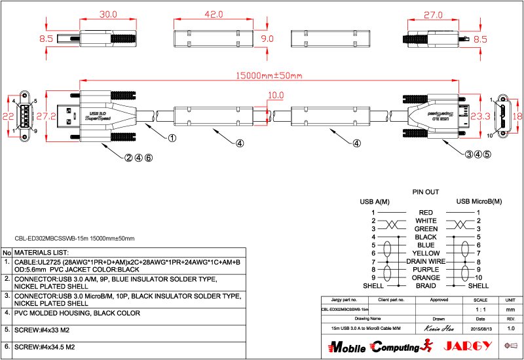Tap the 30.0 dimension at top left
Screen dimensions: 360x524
[x=107, y=14]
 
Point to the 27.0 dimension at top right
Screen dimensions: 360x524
[x=434, y=14]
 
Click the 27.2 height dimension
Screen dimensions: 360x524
[x=45, y=117]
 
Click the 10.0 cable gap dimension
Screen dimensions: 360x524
[x=276, y=96]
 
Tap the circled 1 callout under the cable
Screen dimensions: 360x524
[x=172, y=138]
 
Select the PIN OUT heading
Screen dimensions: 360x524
[x=425, y=192]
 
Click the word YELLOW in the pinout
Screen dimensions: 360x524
[x=426, y=253]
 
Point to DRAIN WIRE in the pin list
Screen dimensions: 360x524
[x=426, y=261]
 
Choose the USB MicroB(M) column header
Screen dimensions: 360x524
[x=479, y=202]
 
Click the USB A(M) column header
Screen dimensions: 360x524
[x=375, y=202]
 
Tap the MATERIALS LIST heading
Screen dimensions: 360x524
[x=41, y=252]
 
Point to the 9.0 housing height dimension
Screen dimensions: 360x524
[x=267, y=39]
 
